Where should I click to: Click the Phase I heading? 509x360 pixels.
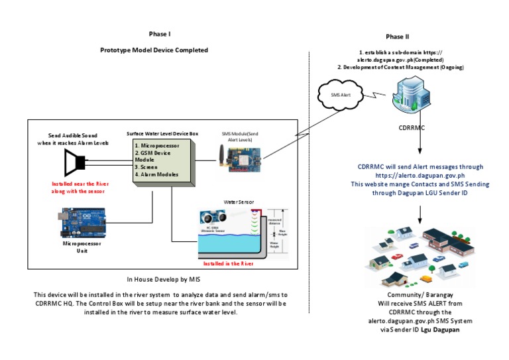point(160,34)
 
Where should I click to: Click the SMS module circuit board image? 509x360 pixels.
point(245,160)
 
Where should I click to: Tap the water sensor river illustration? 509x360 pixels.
point(239,232)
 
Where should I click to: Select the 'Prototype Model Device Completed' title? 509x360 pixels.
point(154,50)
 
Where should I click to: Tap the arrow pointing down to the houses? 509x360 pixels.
point(420,212)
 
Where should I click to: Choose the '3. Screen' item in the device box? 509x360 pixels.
point(150,167)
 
